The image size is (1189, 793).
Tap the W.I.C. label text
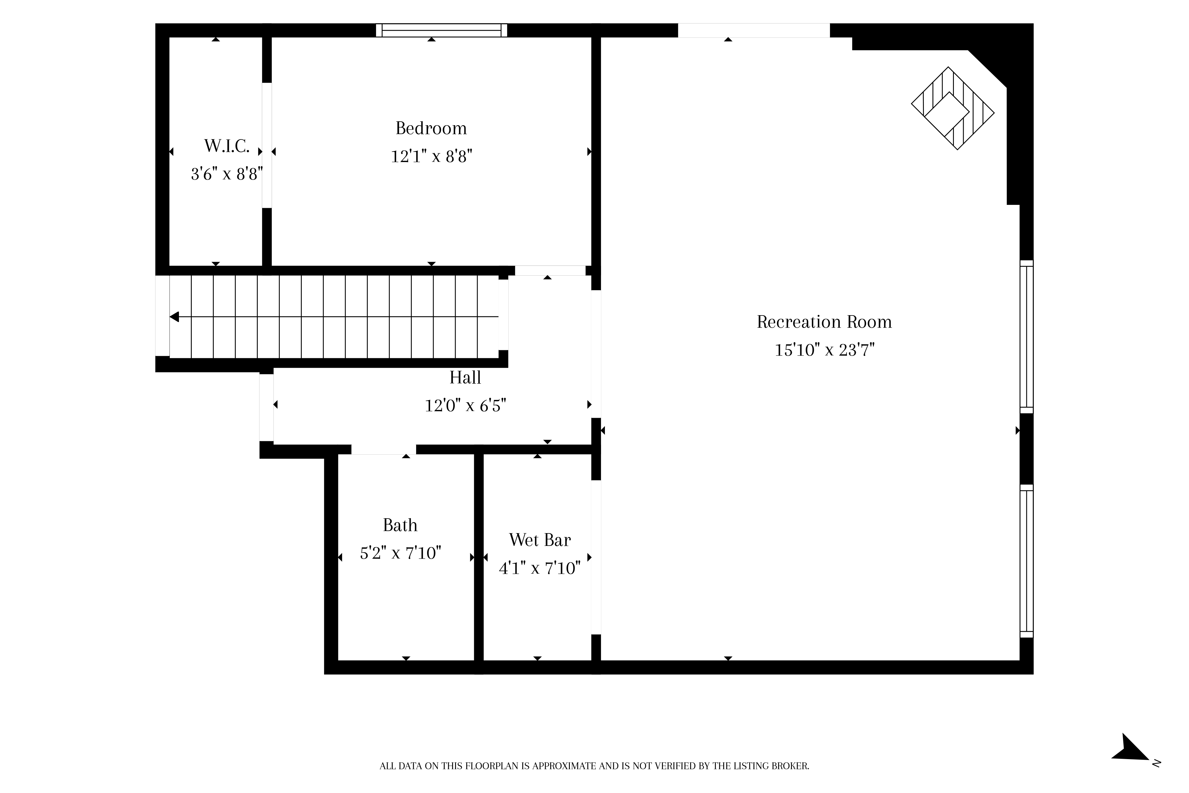pyautogui.click(x=227, y=146)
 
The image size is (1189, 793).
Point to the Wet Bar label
pyautogui.click(x=540, y=540)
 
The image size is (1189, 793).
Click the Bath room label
pyautogui.click(x=400, y=525)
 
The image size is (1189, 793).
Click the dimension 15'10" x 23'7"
pyautogui.click(x=825, y=350)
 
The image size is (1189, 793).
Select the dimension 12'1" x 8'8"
pyautogui.click(x=431, y=157)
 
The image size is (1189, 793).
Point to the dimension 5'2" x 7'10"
pyautogui.click(x=400, y=553)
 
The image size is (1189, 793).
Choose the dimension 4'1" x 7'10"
pyautogui.click(x=540, y=569)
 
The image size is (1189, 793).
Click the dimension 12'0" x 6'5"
pyautogui.click(x=465, y=406)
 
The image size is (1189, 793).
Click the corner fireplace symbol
pyautogui.click(x=953, y=108)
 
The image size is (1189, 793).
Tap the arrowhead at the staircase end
pyautogui.click(x=174, y=317)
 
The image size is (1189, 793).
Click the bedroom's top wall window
pyautogui.click(x=441, y=30)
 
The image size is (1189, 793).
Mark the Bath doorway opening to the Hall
pyautogui.click(x=384, y=450)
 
